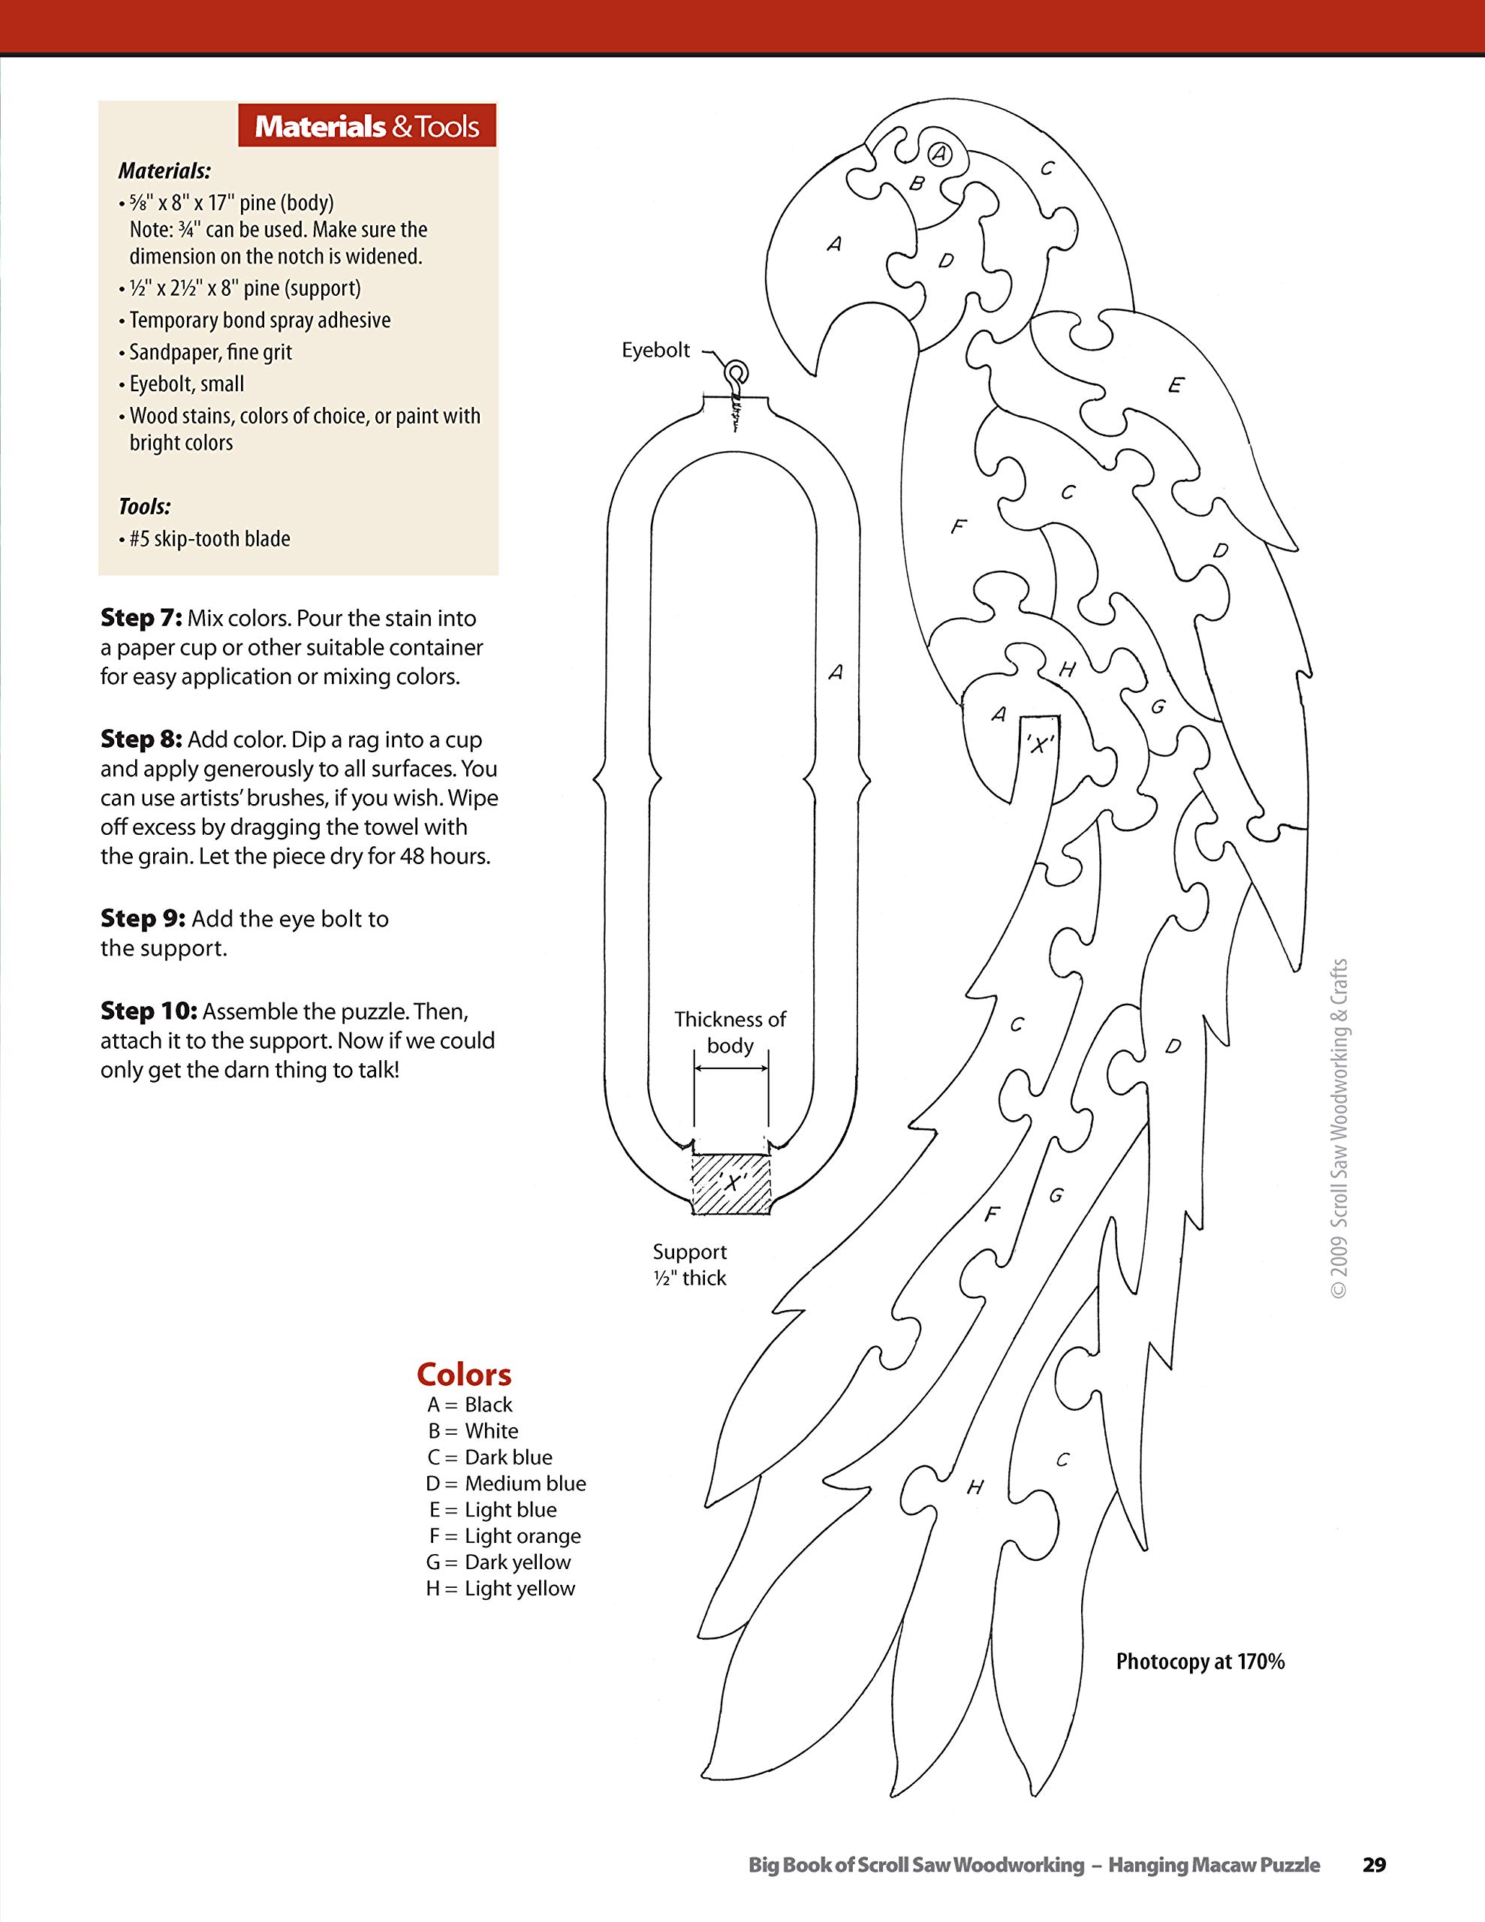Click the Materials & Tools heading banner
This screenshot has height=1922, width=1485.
pos(366,126)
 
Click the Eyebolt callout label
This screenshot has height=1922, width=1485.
pos(656,351)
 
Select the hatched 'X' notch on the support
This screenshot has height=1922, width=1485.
pos(731,1184)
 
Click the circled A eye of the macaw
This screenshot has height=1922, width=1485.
pos(940,154)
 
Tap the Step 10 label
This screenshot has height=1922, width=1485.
pos(148,1011)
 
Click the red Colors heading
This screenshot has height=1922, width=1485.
pos(463,1375)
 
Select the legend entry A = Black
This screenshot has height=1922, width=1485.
pos(469,1405)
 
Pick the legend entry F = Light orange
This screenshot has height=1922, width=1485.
pos(504,1535)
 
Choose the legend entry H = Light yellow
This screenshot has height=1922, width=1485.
pos(500,1589)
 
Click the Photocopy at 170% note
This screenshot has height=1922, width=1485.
pos(1200,1661)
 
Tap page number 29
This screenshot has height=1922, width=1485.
pos(1374,1865)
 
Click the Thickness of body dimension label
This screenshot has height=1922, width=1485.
pos(730,1032)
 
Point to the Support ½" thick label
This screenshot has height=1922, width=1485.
pos(689,1264)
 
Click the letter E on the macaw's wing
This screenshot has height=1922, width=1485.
pos(1175,385)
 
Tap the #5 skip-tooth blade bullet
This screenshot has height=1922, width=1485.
pos(209,538)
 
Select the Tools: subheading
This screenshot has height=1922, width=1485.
pos(144,507)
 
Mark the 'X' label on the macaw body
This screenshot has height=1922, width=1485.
pos(1040,746)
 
